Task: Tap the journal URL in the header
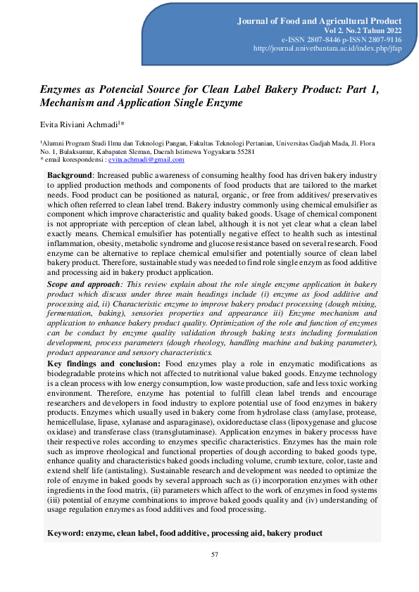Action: coord(327,49)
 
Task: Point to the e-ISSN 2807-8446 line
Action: coord(305,40)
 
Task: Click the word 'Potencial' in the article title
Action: coord(124,89)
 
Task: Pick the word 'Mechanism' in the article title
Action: coord(65,103)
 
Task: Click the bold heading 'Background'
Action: coord(70,174)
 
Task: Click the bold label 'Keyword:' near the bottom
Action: coord(65,534)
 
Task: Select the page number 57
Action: coord(215,556)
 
